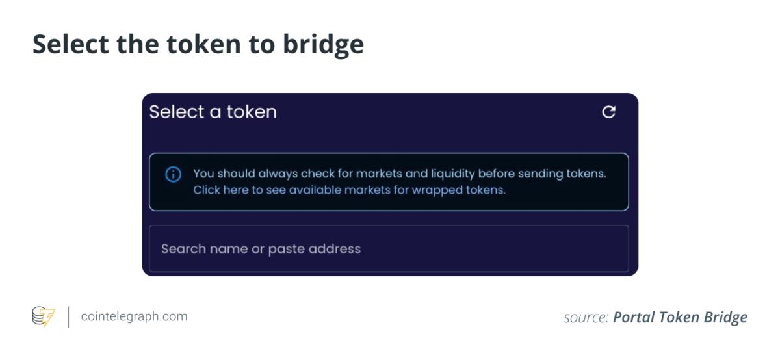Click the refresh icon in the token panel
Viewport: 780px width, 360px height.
click(608, 112)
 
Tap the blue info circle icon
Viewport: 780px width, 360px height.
click(173, 174)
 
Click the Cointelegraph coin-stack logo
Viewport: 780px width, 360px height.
click(43, 316)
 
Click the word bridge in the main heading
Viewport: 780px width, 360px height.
click(323, 45)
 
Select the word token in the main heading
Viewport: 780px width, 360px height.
click(203, 45)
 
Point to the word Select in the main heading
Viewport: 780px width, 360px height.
click(71, 45)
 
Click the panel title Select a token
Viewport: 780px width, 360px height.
click(213, 112)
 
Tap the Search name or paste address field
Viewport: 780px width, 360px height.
click(389, 249)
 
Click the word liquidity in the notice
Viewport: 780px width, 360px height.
click(452, 174)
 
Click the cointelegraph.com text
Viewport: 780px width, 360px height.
click(134, 316)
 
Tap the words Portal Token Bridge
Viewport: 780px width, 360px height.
click(680, 317)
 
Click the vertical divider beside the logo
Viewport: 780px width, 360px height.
click(68, 317)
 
